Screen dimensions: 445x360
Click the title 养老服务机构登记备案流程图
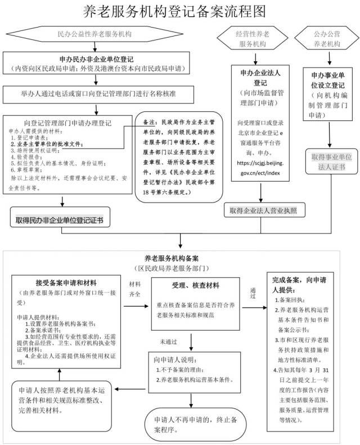(x=181, y=12)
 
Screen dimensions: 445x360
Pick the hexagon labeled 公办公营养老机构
(x=326, y=38)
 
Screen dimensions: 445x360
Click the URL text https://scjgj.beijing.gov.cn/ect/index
(x=258, y=167)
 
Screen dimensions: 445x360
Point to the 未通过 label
(x=167, y=341)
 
